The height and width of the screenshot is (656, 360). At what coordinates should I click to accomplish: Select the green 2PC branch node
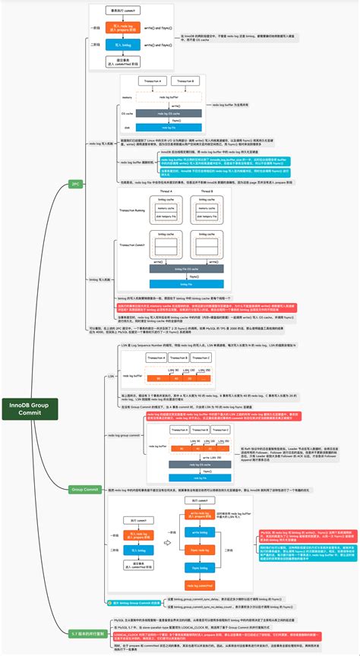pyautogui.click(x=75, y=184)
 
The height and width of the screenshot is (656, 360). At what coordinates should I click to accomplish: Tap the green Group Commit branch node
pyautogui.click(x=84, y=490)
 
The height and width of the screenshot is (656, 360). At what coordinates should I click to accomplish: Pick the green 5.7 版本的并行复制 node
pyautogui.click(x=85, y=633)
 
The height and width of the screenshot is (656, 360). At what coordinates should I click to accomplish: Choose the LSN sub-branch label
pyautogui.click(x=110, y=374)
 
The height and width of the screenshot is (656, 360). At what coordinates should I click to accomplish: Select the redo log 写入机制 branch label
pyautogui.click(x=103, y=142)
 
